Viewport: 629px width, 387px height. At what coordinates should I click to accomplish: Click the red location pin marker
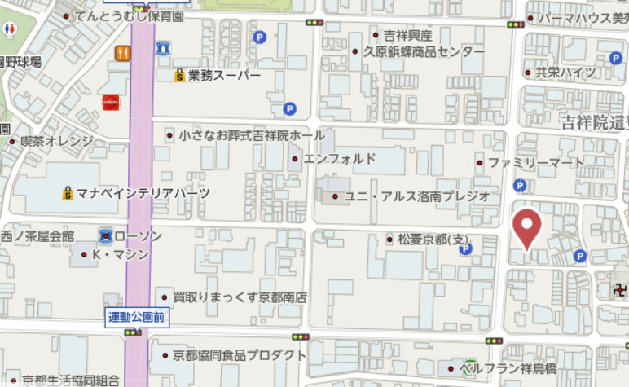[x=528, y=228]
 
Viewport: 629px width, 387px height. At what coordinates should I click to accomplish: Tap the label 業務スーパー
[x=224, y=76]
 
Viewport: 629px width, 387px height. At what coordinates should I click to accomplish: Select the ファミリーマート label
[x=536, y=163]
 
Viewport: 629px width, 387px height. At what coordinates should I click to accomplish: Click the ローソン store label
[x=138, y=236]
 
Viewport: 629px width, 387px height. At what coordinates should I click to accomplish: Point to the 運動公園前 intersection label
[x=138, y=317]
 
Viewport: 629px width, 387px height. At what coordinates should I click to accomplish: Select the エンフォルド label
[x=340, y=158]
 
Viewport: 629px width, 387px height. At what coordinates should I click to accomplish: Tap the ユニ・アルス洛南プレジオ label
[x=417, y=196]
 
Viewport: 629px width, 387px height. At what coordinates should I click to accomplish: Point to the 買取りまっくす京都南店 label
[x=240, y=297]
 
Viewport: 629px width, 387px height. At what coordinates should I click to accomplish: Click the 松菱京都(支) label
[x=435, y=240]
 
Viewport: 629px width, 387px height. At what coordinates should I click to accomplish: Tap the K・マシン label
[x=121, y=254]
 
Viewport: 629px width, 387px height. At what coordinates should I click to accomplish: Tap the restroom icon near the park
[x=10, y=28]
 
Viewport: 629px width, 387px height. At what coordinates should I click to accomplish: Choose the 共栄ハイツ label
[x=565, y=73]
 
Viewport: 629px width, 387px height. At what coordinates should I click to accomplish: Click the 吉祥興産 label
[x=408, y=35]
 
